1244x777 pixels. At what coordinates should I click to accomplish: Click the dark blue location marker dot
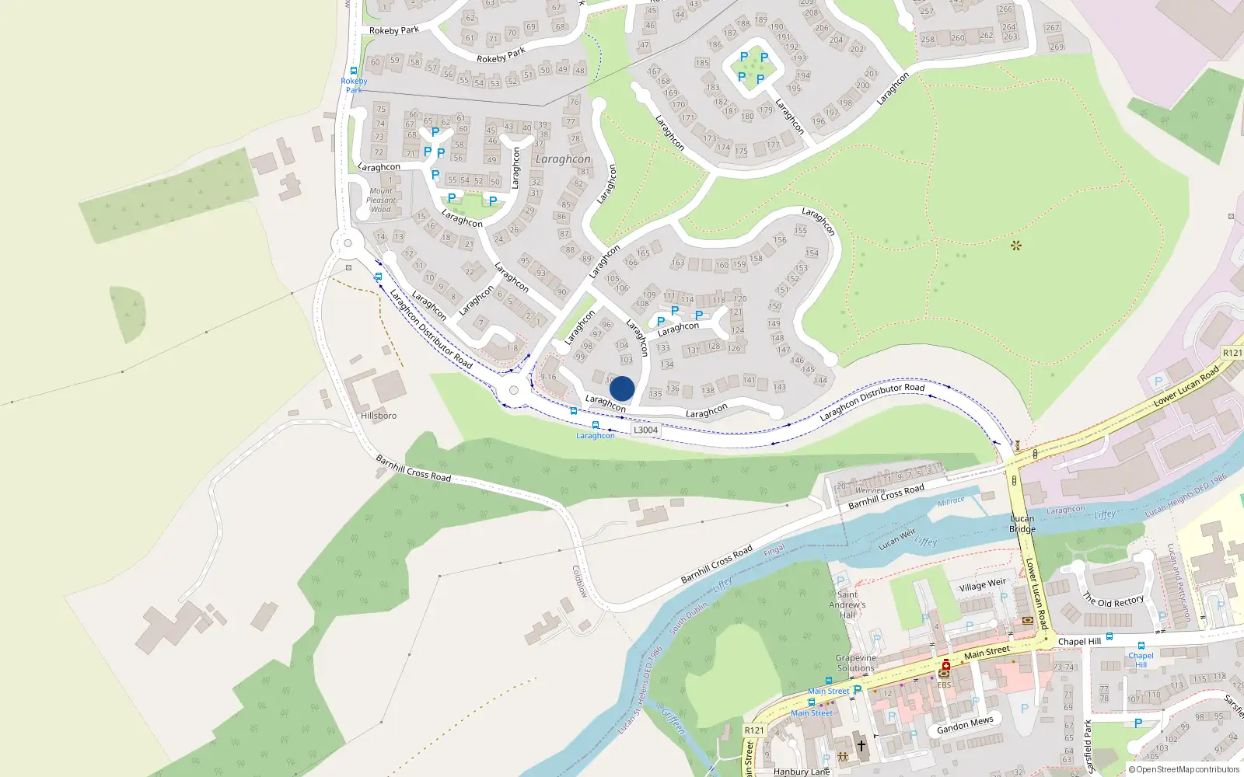(x=622, y=388)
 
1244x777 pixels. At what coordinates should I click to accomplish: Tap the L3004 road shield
(x=645, y=430)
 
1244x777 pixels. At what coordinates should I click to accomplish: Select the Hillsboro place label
(x=379, y=416)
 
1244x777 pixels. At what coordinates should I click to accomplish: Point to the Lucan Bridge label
(x=1022, y=524)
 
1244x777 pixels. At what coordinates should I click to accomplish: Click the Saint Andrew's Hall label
(x=847, y=605)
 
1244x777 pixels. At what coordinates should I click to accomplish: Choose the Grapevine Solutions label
(x=855, y=663)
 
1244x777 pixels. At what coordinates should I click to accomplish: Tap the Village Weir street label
(x=983, y=585)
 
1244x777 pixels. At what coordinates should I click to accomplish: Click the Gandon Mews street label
(x=965, y=725)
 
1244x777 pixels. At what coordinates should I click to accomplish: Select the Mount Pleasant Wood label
(x=381, y=200)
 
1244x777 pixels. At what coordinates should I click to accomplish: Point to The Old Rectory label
(x=1113, y=601)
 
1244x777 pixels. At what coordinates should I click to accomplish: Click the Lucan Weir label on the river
(x=897, y=538)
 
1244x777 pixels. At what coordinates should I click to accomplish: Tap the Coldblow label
(x=580, y=581)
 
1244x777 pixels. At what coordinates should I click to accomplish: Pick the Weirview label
(x=871, y=490)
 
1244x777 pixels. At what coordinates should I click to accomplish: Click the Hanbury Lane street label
(x=802, y=772)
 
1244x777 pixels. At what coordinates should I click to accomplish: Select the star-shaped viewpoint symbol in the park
(x=1015, y=246)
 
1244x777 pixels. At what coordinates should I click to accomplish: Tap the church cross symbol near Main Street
(x=861, y=746)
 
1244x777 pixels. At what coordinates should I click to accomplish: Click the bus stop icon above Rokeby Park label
(x=354, y=71)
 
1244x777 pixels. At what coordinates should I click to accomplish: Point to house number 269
(x=1057, y=47)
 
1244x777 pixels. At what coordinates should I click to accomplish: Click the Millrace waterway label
(x=951, y=502)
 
